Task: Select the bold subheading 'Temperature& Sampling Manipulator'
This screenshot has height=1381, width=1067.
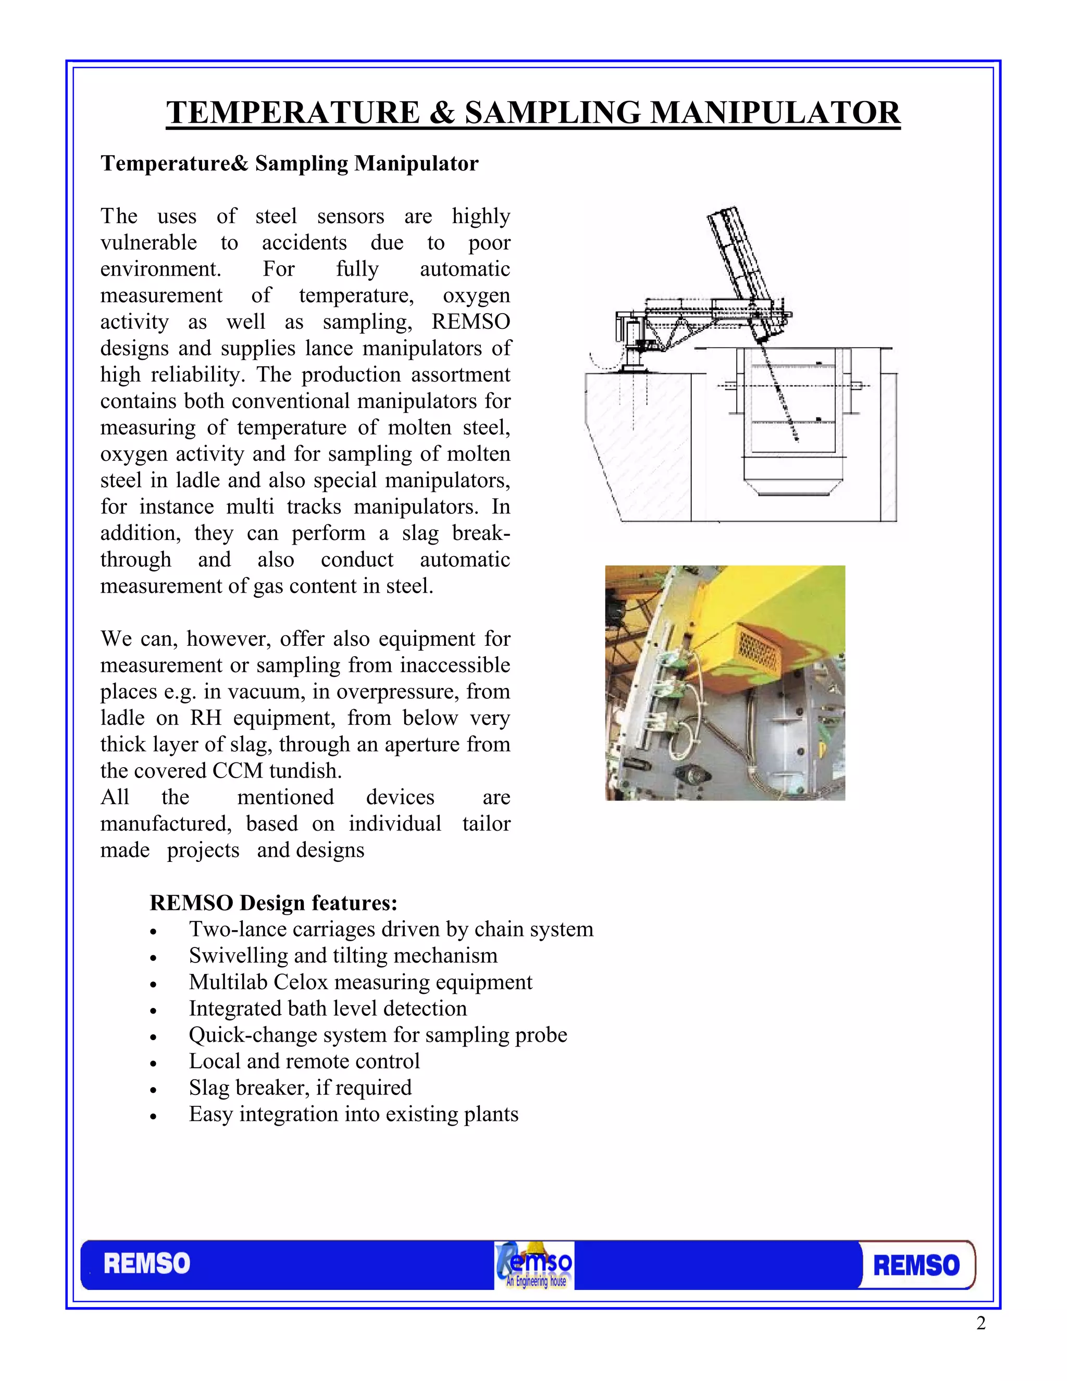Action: click(x=290, y=163)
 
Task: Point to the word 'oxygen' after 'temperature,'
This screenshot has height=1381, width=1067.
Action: click(x=476, y=295)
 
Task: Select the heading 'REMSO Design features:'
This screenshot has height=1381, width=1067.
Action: click(x=273, y=902)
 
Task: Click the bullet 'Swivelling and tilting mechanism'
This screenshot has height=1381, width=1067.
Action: click(x=343, y=955)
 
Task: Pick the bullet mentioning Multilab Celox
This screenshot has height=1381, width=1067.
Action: click(x=361, y=982)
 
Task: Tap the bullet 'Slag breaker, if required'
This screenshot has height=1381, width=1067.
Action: click(x=300, y=1088)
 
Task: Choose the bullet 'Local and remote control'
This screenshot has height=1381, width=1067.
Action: click(x=304, y=1061)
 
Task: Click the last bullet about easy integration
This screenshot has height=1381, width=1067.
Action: click(x=353, y=1114)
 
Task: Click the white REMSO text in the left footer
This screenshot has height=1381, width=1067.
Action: click(x=146, y=1264)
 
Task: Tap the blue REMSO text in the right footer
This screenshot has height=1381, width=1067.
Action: click(x=916, y=1266)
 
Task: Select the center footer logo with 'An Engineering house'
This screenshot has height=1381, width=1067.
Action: click(x=534, y=1265)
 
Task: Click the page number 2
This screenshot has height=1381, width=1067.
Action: click(x=981, y=1324)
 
